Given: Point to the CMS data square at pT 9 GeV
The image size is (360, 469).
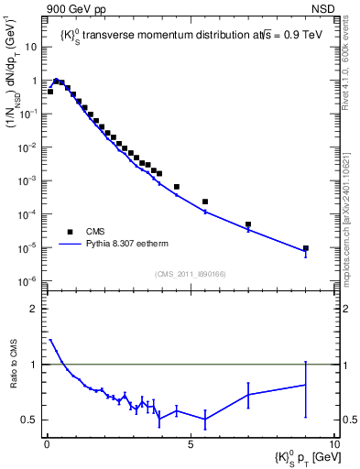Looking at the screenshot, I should click(306, 248).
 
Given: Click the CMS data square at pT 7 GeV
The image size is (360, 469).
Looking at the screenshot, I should click(248, 224).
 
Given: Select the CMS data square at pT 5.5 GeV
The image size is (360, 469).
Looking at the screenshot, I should click(205, 202).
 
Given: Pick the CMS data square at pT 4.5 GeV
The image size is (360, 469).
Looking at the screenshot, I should click(177, 187).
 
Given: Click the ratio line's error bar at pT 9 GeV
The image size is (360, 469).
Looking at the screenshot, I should click(306, 385).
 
